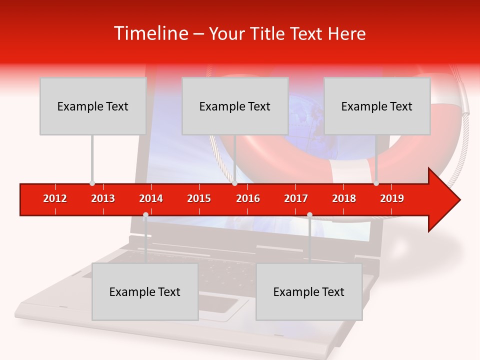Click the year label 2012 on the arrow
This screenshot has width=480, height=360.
point(55,198)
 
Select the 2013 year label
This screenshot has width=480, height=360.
point(103,198)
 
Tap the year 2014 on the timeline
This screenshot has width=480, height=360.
point(151,198)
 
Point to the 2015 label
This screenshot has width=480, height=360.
point(199,198)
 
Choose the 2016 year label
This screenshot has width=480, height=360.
point(248,198)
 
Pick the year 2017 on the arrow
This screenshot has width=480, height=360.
point(296,198)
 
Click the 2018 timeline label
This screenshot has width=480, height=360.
point(344,198)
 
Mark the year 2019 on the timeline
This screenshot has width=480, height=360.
point(392,198)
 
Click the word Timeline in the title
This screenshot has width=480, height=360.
point(150,33)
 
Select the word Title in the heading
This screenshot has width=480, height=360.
point(268,34)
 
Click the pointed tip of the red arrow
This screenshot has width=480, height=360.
point(458,200)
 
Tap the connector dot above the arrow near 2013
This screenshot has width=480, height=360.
point(92,183)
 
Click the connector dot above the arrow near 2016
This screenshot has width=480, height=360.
point(234,183)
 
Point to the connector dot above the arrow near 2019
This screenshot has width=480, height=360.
point(376,183)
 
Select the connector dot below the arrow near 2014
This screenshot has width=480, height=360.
point(145,215)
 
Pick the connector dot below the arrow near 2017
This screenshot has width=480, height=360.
point(309,215)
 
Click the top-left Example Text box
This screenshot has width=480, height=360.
point(93,106)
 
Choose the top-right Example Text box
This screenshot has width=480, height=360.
point(377,106)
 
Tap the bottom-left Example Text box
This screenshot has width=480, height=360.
point(145,291)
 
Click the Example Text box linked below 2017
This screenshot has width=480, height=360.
point(309,291)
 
